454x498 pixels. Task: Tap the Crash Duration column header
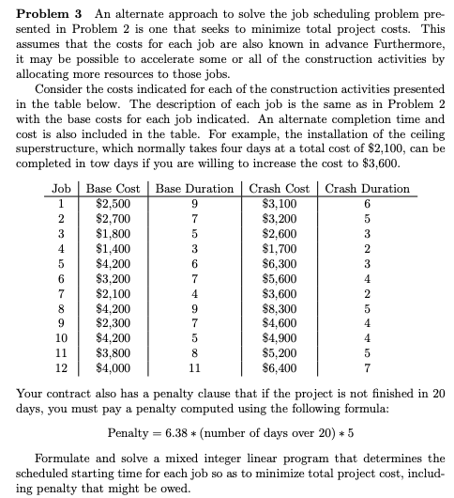[x=368, y=188]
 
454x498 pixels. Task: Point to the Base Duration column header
[x=194, y=188]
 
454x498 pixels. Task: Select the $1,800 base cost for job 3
[x=114, y=234]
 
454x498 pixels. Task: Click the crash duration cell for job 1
[x=368, y=204]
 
